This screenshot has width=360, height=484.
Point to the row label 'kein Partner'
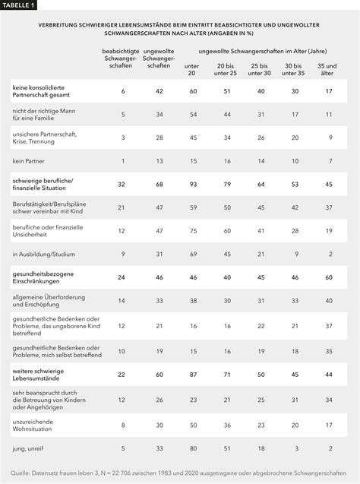pyautogui.click(x=27, y=160)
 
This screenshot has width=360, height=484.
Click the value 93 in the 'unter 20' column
pyautogui.click(x=192, y=183)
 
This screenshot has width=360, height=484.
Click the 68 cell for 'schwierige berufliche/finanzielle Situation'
pyautogui.click(x=157, y=183)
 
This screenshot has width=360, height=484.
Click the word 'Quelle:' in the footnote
pyautogui.click(x=21, y=473)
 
